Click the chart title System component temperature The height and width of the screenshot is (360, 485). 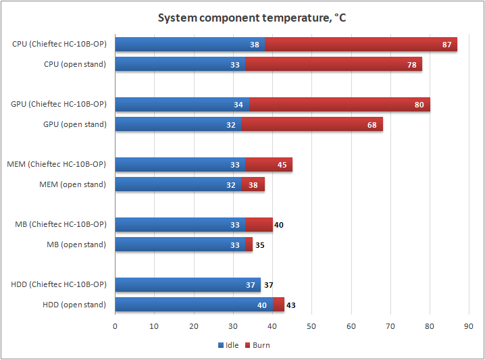[252, 18]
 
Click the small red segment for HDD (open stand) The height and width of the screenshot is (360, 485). [278, 305]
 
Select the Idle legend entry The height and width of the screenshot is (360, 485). [228, 345]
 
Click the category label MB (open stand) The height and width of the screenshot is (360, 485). [76, 245]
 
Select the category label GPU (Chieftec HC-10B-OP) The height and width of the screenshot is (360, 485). [59, 104]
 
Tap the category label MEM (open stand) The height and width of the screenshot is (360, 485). [73, 184]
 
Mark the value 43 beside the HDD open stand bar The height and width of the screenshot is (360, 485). [290, 305]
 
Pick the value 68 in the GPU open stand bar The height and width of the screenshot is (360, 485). [372, 124]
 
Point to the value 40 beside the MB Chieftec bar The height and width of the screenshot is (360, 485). [278, 225]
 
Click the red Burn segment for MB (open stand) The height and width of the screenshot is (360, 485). [249, 245]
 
